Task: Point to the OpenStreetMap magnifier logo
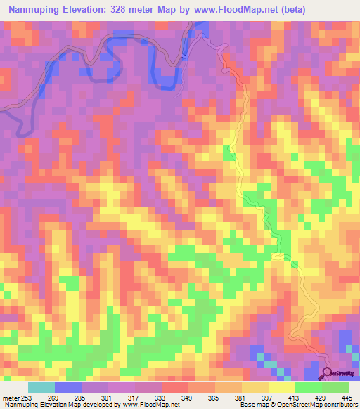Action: (328, 372)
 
